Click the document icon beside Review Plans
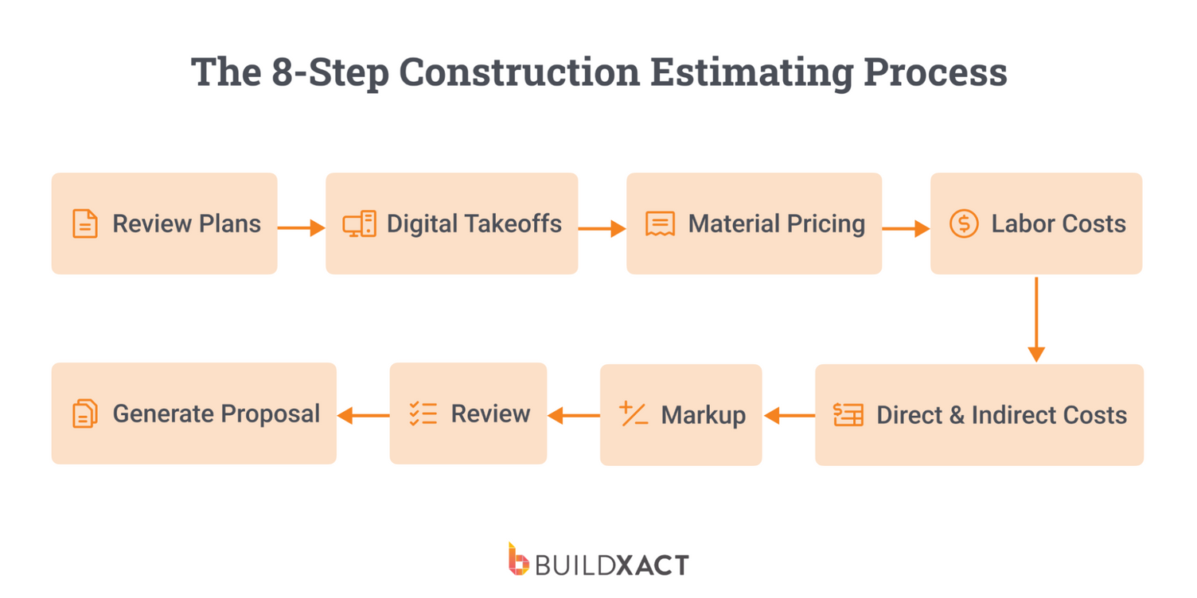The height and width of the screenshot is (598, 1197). (x=85, y=224)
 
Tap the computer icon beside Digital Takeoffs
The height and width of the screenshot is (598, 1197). (x=360, y=224)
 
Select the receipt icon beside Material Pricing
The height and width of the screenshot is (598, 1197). (x=660, y=224)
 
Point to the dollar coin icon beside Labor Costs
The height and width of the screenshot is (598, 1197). (x=964, y=224)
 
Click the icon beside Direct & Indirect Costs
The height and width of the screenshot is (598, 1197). (x=848, y=414)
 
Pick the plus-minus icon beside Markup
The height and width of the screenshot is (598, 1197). (x=634, y=414)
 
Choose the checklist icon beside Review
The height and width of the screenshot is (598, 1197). (x=423, y=414)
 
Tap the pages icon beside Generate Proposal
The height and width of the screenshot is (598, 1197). (x=85, y=414)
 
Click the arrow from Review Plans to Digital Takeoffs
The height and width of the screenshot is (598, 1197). (x=301, y=228)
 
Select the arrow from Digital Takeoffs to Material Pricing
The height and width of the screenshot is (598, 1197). (x=602, y=229)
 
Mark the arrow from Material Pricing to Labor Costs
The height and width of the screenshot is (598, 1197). (x=906, y=229)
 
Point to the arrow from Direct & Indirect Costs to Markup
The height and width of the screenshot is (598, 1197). (x=789, y=415)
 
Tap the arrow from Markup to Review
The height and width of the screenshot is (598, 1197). (x=573, y=415)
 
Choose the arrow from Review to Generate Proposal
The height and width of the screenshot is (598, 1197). (x=363, y=415)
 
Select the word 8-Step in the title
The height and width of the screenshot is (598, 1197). (x=329, y=73)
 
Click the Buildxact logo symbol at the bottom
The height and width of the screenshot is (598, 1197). (x=518, y=560)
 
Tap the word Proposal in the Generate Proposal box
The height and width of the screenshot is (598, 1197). (x=270, y=414)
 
